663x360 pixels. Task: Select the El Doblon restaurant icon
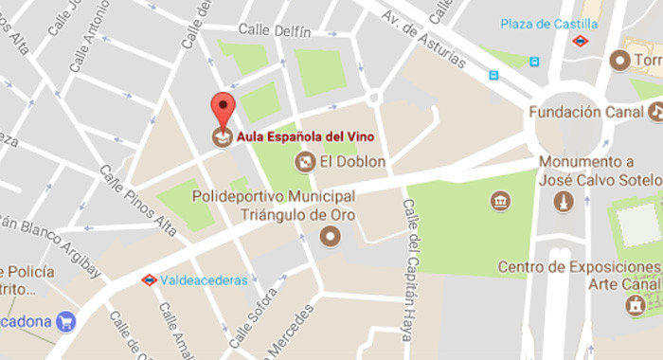coord(305,162)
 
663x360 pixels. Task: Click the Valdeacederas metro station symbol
coord(149,279)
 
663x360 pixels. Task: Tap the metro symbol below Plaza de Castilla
coord(580,41)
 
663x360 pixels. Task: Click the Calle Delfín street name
coord(275,31)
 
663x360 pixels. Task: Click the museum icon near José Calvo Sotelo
coord(500,201)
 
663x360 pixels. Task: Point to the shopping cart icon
coord(65,321)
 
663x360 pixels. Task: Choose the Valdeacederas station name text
coord(203,280)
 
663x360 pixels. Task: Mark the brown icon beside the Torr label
coord(620,61)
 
